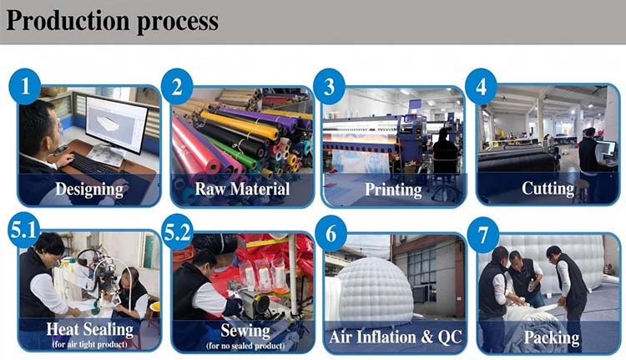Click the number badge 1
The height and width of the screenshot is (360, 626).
pyautogui.click(x=25, y=87)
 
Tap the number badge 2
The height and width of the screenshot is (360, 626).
pyautogui.click(x=177, y=87)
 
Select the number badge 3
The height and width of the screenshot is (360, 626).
pyautogui.click(x=329, y=87)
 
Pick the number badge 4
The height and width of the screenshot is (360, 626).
pyautogui.click(x=481, y=87)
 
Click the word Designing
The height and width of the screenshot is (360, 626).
pyautogui.click(x=89, y=189)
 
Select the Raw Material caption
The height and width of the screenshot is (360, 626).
pyautogui.click(x=242, y=189)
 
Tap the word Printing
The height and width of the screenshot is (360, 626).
pyautogui.click(x=393, y=189)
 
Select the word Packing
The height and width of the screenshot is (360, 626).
pyautogui.click(x=551, y=337)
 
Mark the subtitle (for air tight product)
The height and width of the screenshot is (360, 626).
pyautogui.click(x=88, y=344)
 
